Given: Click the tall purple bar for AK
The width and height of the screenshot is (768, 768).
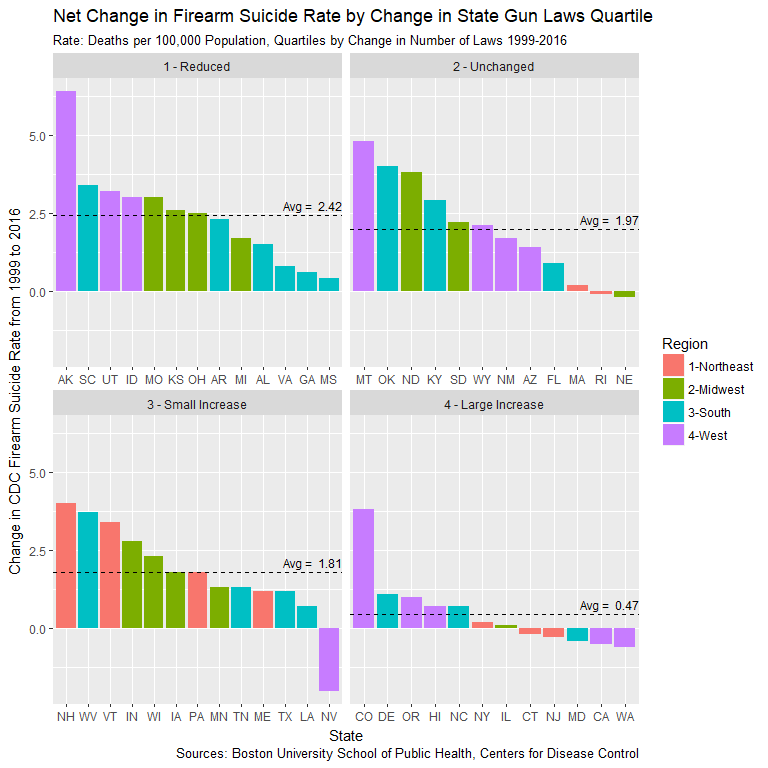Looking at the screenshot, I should click(x=66, y=191).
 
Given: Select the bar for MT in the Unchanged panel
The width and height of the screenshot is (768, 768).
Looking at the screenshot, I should click(x=363, y=216).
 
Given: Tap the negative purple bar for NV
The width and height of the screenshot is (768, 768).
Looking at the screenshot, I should click(x=329, y=659).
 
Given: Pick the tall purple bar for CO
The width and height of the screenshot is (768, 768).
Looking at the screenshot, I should click(x=363, y=569).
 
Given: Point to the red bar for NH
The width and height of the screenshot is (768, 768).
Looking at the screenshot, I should click(x=66, y=566).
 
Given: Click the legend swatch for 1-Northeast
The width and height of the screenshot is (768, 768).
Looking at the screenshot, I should click(x=673, y=366).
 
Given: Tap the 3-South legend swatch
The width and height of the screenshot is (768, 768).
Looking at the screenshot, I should click(x=673, y=412).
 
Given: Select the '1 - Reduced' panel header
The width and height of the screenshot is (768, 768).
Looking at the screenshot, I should click(x=197, y=67).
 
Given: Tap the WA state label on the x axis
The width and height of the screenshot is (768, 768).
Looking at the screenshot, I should click(x=625, y=718).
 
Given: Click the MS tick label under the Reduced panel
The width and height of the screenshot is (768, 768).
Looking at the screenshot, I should click(x=329, y=381).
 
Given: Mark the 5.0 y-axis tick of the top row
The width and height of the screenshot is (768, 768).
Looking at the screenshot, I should click(x=37, y=135).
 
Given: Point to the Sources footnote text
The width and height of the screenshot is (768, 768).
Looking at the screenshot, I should click(x=407, y=753).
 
